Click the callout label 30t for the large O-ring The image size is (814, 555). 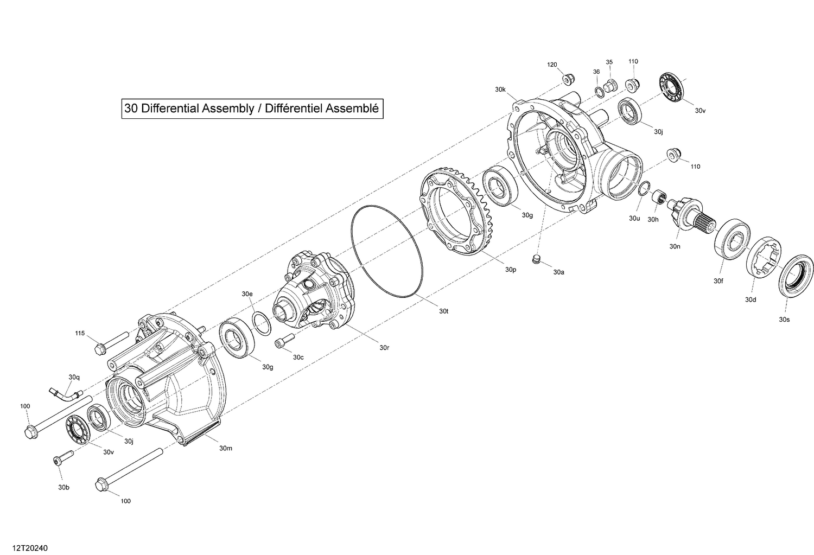[x=444, y=311]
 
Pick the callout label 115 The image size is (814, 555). [x=80, y=333]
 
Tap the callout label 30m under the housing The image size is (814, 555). [x=226, y=448]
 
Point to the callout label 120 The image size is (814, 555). [x=552, y=65]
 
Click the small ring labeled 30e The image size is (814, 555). [x=262, y=324]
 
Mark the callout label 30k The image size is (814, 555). [x=500, y=89]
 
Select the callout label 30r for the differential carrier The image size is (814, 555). [x=384, y=347]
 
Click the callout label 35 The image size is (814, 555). [x=609, y=62]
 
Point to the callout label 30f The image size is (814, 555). [x=718, y=280]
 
